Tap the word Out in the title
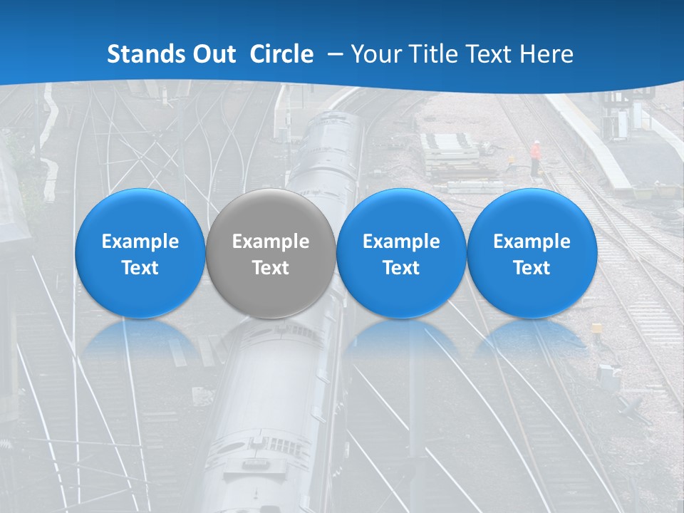tap(212, 54)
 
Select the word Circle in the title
tap(281, 54)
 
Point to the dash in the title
tap(333, 55)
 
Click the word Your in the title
tap(373, 54)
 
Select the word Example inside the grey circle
tap(270, 242)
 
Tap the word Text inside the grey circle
tap(270, 268)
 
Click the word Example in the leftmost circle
tap(140, 242)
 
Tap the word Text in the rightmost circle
tap(532, 268)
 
